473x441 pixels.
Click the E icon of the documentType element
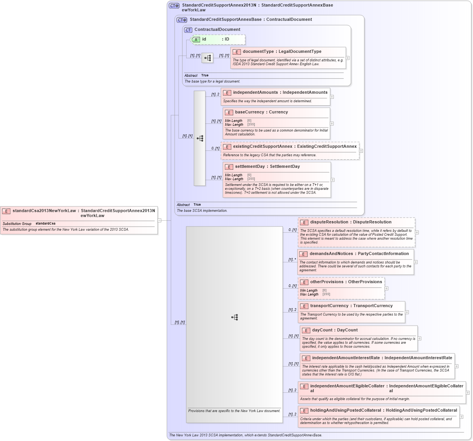point(237,52)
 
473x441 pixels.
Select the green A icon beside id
point(196,39)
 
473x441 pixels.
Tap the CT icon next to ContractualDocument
point(188,30)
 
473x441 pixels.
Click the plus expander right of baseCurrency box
point(332,123)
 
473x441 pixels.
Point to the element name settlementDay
point(250,167)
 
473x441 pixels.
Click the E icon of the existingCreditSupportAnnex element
point(227,147)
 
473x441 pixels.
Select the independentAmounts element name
point(255,93)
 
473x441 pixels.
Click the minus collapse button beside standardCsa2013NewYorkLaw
point(159,220)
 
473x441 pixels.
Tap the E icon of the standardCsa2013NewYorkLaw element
point(6,211)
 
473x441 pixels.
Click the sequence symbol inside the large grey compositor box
point(234,317)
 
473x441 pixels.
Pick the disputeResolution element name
point(329,222)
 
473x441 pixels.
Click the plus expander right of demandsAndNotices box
point(416,262)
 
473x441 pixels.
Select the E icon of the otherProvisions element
point(304,282)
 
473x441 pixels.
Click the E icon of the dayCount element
point(306,330)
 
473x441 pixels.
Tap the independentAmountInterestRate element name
point(346,358)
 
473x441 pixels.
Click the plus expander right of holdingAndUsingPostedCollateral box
point(461,417)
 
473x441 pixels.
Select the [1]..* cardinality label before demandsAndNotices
point(292,260)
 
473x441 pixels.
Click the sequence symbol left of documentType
point(207,58)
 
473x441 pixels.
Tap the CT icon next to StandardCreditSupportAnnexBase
point(182,20)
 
